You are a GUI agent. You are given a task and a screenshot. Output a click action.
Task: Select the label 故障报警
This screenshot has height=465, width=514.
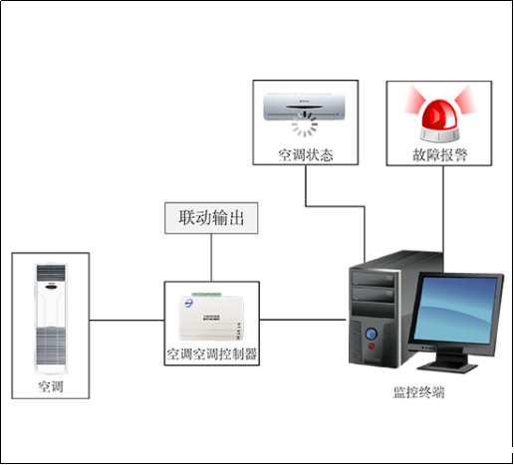click(x=439, y=155)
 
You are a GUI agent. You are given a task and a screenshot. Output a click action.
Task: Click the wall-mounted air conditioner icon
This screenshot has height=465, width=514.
click(x=304, y=103)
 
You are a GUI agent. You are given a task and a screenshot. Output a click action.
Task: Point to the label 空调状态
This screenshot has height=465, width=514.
click(x=305, y=155)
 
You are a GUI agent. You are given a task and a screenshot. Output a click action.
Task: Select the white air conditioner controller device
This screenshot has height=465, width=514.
click(x=211, y=316)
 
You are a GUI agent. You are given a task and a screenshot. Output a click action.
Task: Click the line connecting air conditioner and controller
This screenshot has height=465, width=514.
click(x=127, y=321)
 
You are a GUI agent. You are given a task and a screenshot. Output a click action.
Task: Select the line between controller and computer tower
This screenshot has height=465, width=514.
click(x=303, y=321)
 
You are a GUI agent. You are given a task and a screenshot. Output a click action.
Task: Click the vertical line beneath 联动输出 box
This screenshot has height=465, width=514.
click(x=211, y=257)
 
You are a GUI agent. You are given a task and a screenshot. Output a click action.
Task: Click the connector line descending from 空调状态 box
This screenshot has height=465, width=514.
click(x=305, y=189)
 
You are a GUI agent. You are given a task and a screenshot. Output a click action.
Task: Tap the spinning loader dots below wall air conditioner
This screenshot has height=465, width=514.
click(x=305, y=126)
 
